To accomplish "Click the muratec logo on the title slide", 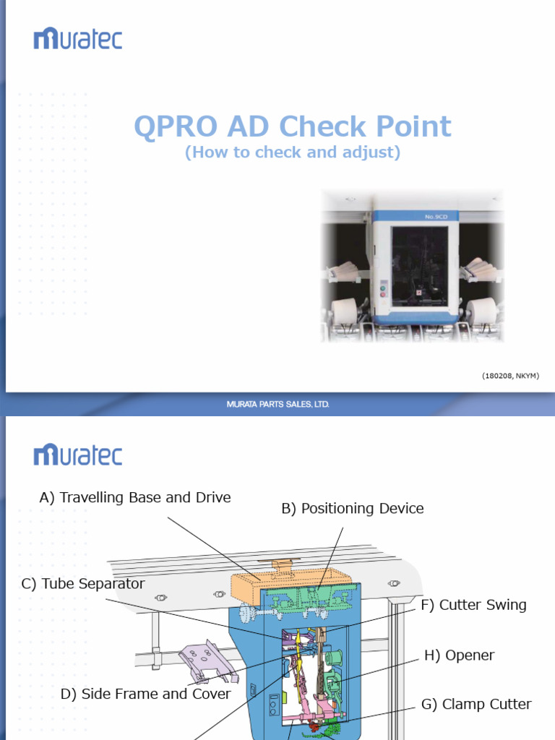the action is [x=78, y=39].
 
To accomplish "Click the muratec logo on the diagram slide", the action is [x=78, y=455].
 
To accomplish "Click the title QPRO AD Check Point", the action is [x=293, y=126].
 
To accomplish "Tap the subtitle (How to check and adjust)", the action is [x=293, y=152].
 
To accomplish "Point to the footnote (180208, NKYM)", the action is [x=510, y=376].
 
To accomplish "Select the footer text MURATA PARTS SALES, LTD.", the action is [x=277, y=404].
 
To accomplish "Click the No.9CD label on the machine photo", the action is [x=436, y=217].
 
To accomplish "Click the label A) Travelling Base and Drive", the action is [x=135, y=497].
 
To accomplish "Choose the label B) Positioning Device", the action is [x=353, y=508].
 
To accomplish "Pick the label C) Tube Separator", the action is [x=83, y=584].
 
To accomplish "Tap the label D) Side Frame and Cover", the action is [x=145, y=694].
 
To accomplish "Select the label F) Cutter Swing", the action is [x=473, y=605].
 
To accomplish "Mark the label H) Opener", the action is [x=459, y=655].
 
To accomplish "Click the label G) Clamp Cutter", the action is [x=476, y=704].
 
